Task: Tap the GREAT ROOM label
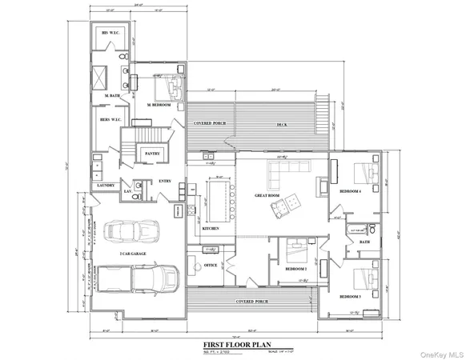click(x=266, y=194)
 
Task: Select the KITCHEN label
click(x=211, y=229)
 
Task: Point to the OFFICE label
click(x=211, y=265)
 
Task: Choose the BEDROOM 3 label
click(x=351, y=297)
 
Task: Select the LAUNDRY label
click(x=106, y=186)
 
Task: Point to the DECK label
click(x=282, y=125)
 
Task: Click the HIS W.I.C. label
click(x=110, y=33)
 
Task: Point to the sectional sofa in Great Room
click(x=286, y=170)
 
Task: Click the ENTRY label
click(x=166, y=182)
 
